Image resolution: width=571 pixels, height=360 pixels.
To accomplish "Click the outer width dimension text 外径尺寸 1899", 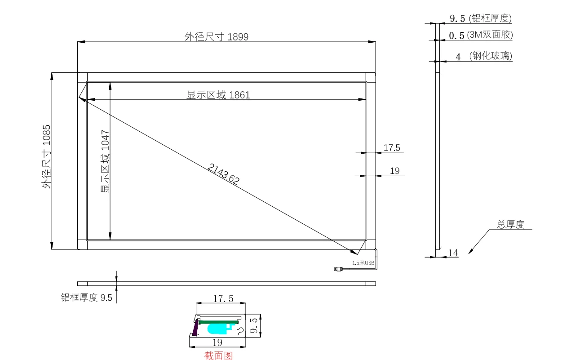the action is pos(217,37).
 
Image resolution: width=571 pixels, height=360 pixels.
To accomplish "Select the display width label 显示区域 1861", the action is pos(218,95).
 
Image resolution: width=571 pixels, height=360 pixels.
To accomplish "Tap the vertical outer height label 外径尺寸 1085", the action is pos(47,157).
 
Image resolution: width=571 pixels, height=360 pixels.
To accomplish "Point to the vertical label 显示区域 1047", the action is pos(105,161).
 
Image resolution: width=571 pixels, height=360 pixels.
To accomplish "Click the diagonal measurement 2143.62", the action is pos(224,174).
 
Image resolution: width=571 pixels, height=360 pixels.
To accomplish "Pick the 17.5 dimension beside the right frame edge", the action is pos(392,147).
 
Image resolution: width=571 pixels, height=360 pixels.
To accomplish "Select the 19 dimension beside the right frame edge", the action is pos(394,171).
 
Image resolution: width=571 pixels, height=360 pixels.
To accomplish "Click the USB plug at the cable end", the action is pos(338,269).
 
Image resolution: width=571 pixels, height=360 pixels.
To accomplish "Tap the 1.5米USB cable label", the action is pos(363,263).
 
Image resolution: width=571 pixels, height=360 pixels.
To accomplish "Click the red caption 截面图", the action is pos(218,356).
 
